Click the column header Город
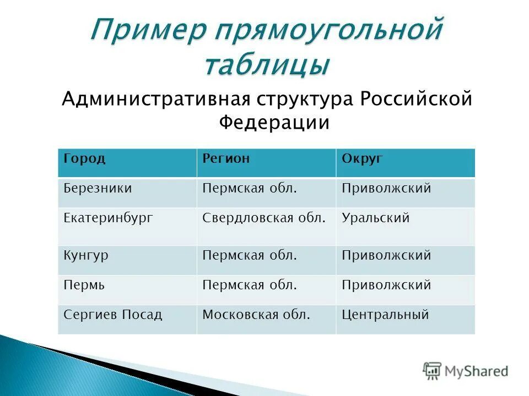tap(84, 159)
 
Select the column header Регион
tap(226, 159)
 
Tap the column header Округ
tap(362, 159)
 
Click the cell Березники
tap(98, 189)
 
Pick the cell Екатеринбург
tap(108, 218)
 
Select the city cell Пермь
tap(84, 285)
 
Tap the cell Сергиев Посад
tap(113, 315)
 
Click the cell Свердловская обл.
tap(263, 218)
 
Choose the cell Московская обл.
tap(256, 315)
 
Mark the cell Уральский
tap(375, 218)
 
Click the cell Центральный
tap(385, 315)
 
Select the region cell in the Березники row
tap(250, 189)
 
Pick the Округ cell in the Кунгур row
tap(386, 256)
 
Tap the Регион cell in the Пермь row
tap(250, 285)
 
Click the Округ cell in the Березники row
tap(386, 189)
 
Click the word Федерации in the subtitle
tap(274, 122)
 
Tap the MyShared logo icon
tap(433, 371)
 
